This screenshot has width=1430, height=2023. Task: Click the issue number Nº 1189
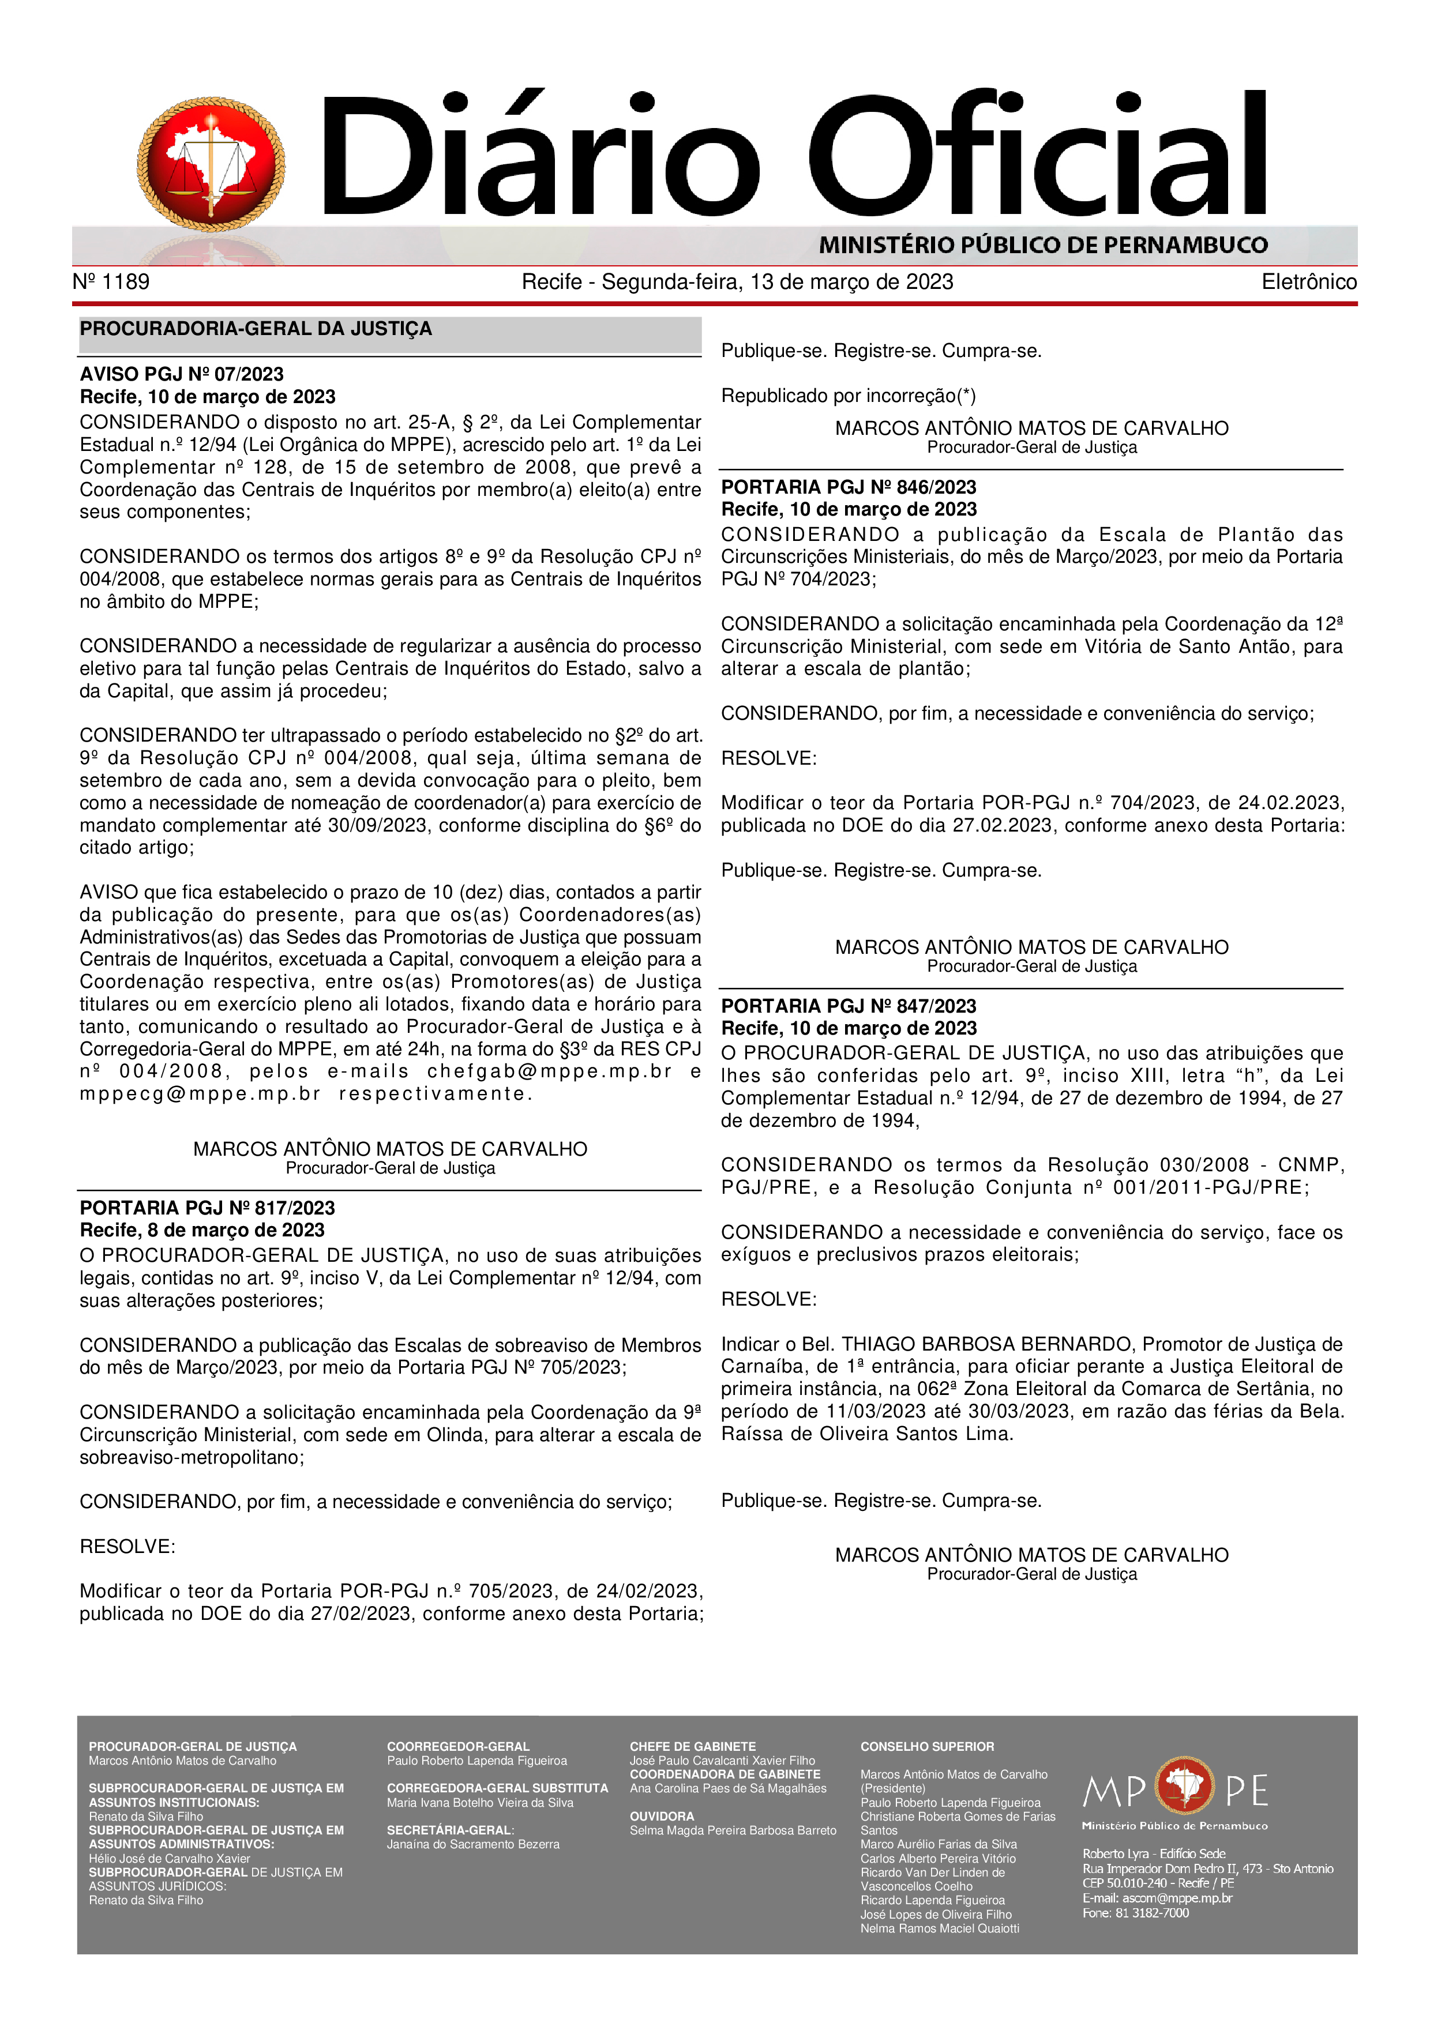pos(111,282)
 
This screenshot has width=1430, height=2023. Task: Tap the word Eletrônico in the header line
pos(1308,282)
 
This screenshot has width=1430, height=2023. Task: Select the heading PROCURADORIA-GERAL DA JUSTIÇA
pos(256,329)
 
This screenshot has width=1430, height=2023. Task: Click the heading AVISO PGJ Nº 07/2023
pos(182,374)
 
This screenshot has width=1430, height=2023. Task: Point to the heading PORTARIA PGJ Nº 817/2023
pos(207,1208)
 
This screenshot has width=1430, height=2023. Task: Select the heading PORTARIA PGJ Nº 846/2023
pos(849,487)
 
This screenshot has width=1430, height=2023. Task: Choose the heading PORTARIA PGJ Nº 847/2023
pos(849,1006)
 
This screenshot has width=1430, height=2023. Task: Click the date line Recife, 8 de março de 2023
pos(202,1230)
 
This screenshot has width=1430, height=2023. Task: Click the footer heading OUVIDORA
pos(662,1816)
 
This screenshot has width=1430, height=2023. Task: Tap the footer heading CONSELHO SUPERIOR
pos(927,1746)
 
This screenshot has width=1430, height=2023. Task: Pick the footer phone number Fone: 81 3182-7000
pos(1136,1913)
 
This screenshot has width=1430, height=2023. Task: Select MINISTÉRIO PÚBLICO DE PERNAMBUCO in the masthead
pos(1043,245)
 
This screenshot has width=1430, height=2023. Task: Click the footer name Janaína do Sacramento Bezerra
pos(473,1844)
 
